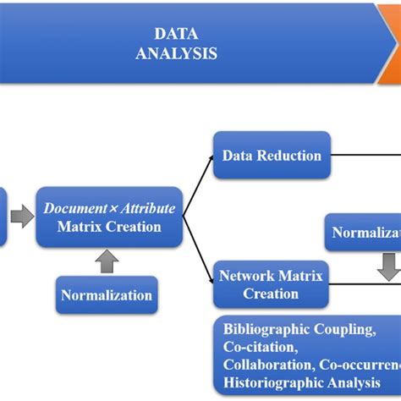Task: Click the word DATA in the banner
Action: [x=176, y=34]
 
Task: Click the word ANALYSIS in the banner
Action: [x=176, y=52]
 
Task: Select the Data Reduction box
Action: [x=271, y=156]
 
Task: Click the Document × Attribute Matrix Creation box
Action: [x=109, y=217]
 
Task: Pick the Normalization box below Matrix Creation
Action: [x=107, y=295]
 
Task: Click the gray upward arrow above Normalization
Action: [x=107, y=261]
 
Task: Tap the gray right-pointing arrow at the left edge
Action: [x=23, y=217]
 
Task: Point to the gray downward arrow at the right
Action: [x=387, y=267]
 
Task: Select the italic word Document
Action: [x=74, y=208]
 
